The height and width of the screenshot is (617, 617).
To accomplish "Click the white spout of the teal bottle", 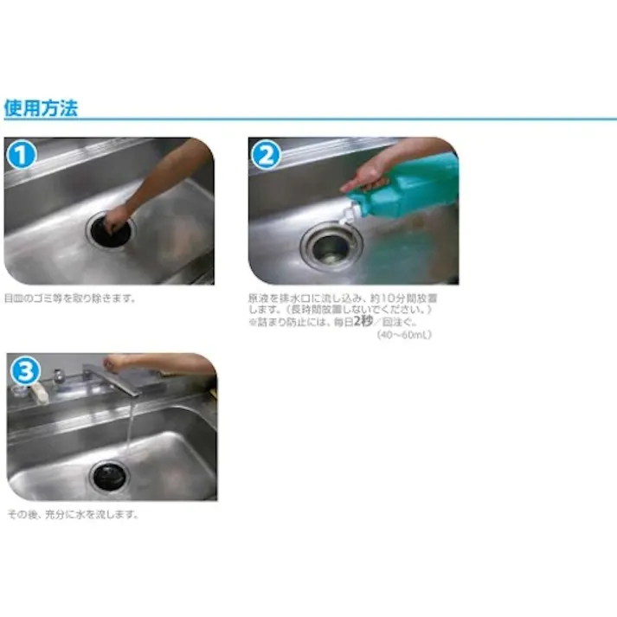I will coord(350,212).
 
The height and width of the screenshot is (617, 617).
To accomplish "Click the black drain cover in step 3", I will coord(110,472).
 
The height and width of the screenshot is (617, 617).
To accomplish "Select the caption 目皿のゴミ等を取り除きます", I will coord(69,299).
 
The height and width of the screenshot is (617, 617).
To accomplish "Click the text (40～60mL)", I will coord(402,335).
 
